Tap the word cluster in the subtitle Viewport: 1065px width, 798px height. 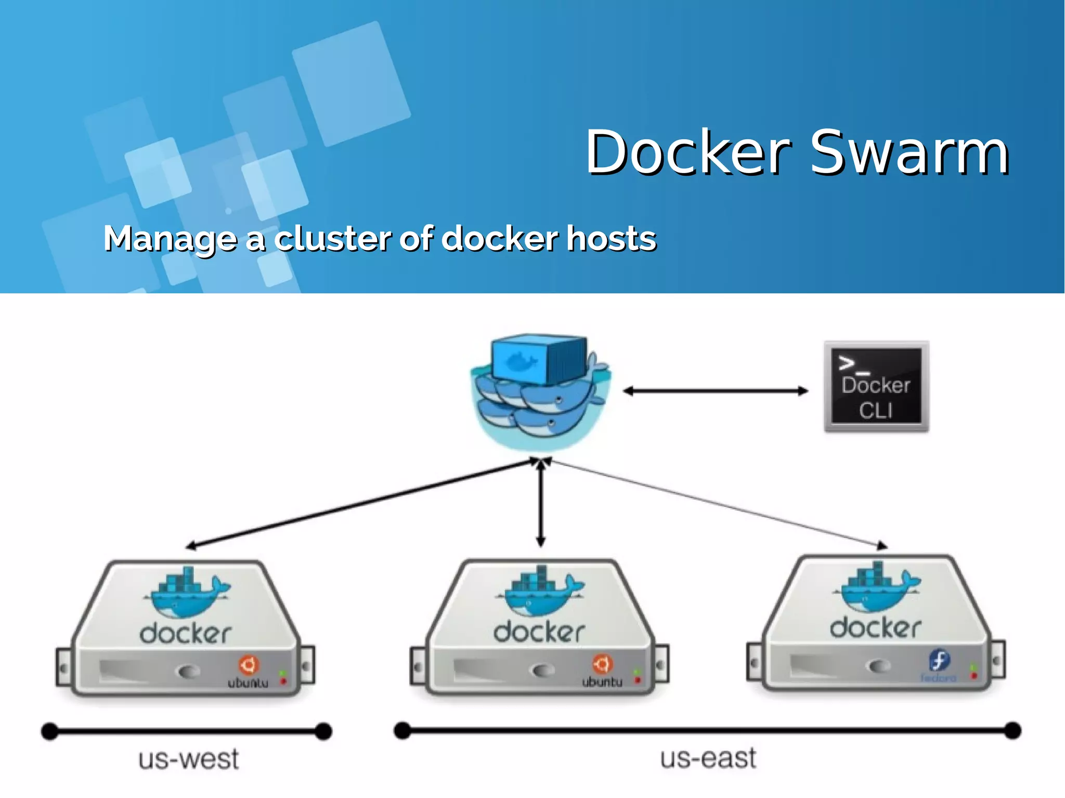(x=332, y=239)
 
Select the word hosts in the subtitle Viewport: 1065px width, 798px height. (x=611, y=239)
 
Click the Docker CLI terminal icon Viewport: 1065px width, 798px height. (x=876, y=386)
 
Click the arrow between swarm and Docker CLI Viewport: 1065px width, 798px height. (x=716, y=391)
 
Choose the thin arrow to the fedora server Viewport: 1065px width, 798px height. (x=718, y=503)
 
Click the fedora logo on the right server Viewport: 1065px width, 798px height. (x=939, y=661)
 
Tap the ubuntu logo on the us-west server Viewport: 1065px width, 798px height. (x=249, y=665)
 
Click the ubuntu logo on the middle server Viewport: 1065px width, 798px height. (x=602, y=664)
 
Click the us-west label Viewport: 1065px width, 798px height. (x=188, y=760)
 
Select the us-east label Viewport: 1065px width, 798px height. (x=708, y=758)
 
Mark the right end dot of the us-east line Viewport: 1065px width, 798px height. (x=1012, y=730)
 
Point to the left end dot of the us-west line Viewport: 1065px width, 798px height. (x=49, y=731)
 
